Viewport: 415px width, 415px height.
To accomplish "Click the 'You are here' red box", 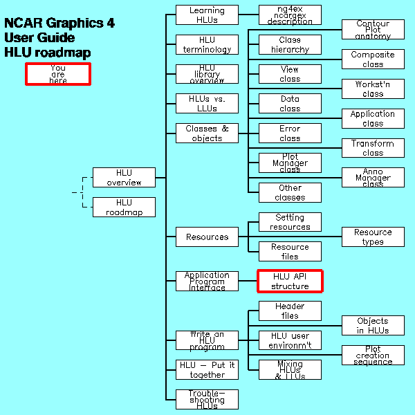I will (58, 74).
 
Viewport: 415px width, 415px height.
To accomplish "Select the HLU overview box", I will (124, 178).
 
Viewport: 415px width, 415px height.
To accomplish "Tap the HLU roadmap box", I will (124, 207).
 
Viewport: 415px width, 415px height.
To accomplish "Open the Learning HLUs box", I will (207, 15).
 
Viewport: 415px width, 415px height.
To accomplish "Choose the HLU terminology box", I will (207, 45).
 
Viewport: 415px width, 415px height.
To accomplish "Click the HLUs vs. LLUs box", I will (207, 104).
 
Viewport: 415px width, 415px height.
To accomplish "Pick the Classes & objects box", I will (207, 133).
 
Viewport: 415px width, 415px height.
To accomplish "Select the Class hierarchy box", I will (290, 45).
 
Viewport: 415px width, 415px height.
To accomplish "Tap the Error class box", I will (290, 133).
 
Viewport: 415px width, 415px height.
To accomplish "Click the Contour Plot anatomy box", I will (373, 30).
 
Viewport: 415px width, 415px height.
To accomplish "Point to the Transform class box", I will (373, 148).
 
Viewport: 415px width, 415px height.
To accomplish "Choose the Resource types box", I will (373, 237).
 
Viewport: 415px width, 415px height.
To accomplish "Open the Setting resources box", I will (290, 222).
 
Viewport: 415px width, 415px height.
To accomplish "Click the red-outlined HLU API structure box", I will (290, 282).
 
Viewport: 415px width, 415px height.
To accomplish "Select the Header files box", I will (290, 311).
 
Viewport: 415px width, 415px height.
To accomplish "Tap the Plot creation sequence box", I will (373, 356).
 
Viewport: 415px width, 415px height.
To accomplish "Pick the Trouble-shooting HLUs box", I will (207, 400).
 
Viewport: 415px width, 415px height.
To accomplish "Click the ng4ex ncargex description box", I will (290, 15).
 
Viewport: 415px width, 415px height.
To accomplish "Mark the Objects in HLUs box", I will (373, 326).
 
